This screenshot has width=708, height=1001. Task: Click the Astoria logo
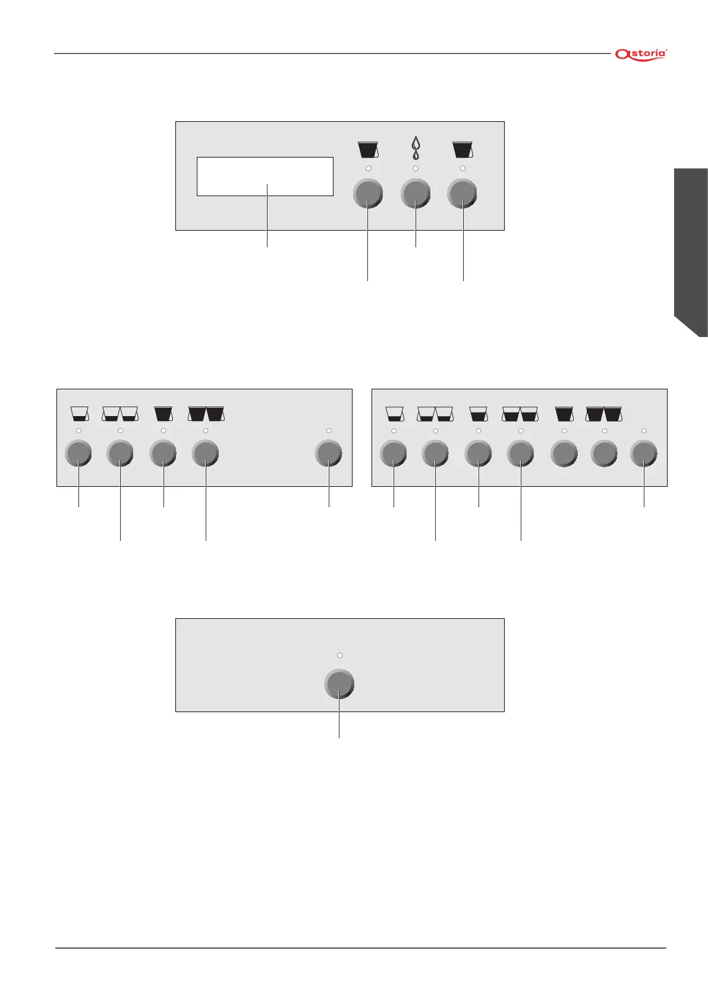[641, 54]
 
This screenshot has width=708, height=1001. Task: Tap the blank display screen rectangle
[265, 176]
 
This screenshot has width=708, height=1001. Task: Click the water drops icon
[416, 149]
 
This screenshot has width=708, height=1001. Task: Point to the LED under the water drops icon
[416, 169]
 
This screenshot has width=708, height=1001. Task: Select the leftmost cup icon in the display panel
[368, 149]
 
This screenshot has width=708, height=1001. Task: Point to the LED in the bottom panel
[339, 655]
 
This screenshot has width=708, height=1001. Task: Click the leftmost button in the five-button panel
[78, 454]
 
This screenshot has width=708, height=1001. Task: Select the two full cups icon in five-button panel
[206, 413]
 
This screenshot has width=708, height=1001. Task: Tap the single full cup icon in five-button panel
[163, 413]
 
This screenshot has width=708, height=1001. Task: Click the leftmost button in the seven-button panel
[393, 454]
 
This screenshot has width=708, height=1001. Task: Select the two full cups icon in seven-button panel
[604, 413]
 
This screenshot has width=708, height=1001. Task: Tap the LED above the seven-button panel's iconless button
[644, 430]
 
